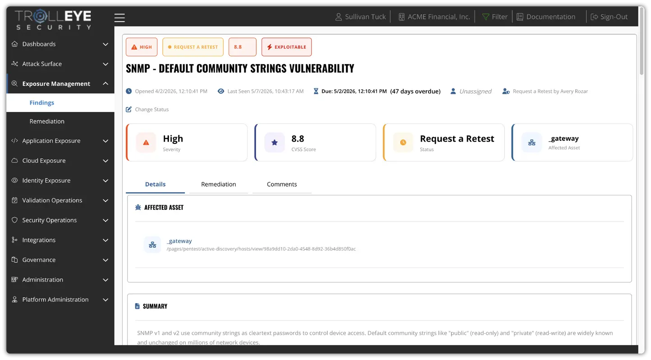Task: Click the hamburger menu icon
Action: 119,18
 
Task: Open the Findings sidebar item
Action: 42,103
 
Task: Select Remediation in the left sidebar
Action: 47,121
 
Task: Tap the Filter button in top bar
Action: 495,17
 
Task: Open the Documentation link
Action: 546,17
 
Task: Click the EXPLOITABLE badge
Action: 287,47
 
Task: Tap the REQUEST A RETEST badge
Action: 193,47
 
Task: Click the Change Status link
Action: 147,109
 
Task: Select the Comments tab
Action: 282,185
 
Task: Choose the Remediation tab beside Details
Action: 219,185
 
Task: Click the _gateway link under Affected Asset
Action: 179,241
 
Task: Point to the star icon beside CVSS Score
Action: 275,143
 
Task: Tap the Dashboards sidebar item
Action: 39,44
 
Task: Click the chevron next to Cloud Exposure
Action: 105,161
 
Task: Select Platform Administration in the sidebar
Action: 55,300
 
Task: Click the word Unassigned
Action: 475,91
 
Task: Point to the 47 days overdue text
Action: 415,91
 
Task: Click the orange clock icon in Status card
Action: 403,143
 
